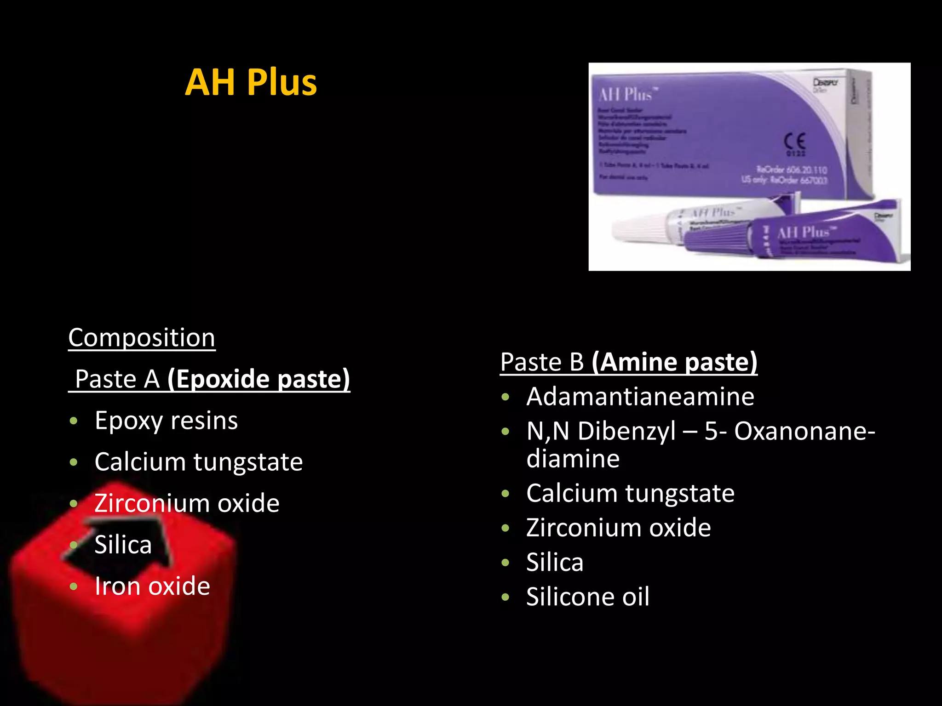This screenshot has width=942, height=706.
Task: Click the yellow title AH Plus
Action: coord(251,83)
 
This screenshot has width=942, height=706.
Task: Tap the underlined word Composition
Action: coord(142,338)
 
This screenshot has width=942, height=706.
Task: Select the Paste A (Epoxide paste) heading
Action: coord(209,379)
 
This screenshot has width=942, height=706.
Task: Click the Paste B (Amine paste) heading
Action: coord(628,362)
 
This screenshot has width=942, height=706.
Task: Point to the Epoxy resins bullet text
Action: coord(166,421)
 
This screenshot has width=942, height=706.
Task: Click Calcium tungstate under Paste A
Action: coord(198,461)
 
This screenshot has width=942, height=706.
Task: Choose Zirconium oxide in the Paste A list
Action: coord(187,503)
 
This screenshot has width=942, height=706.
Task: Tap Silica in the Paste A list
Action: coord(123,545)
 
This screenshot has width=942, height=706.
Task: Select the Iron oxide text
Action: coord(152,586)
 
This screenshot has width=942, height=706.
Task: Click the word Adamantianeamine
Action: coord(640,396)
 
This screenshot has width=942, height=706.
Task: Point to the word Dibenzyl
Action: coord(626,431)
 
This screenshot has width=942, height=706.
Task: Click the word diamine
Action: coord(573,459)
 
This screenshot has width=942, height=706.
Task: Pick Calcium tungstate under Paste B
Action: coord(630,493)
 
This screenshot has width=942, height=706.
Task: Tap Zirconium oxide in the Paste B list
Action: coord(618,528)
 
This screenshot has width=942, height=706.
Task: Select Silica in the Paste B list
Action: coord(555,562)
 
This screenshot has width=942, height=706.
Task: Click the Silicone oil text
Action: coord(587,597)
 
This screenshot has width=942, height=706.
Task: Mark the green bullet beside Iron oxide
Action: coord(74,586)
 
